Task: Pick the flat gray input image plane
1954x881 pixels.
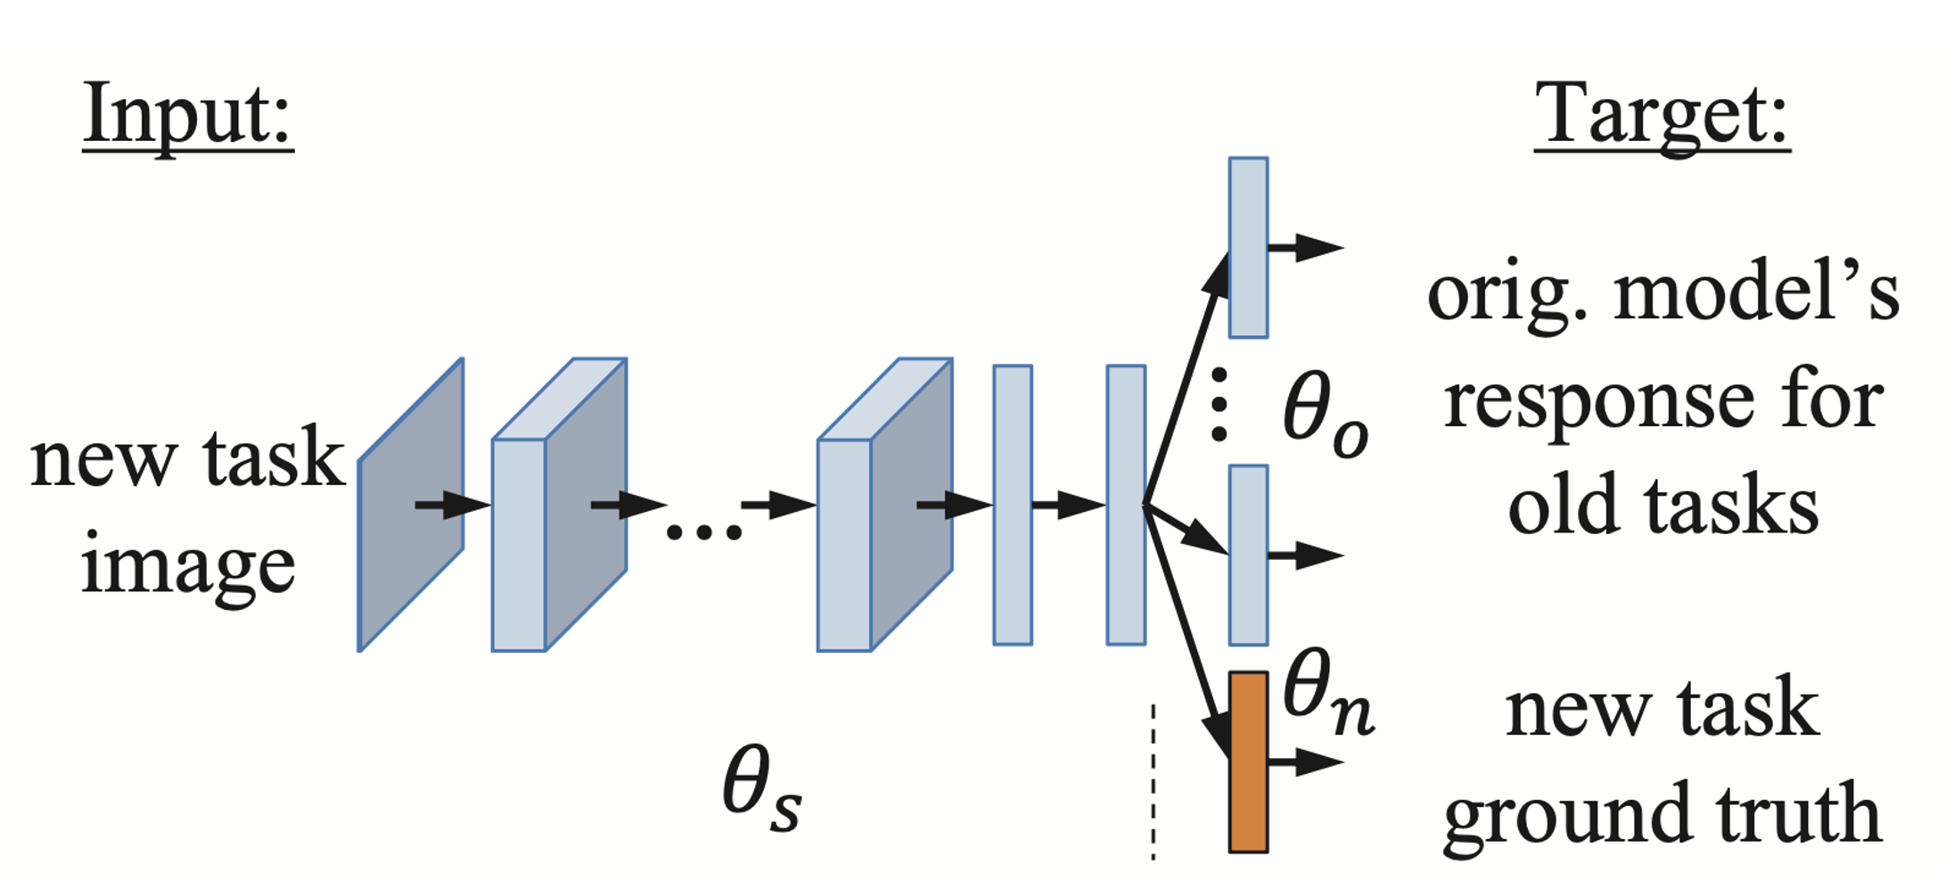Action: tap(411, 505)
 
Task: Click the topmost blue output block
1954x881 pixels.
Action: tap(1248, 247)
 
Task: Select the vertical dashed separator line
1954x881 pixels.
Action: tap(1154, 781)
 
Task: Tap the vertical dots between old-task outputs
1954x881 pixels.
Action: tap(1219, 404)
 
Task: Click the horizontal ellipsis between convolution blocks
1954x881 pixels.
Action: tap(703, 532)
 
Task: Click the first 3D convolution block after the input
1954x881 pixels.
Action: tap(559, 505)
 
